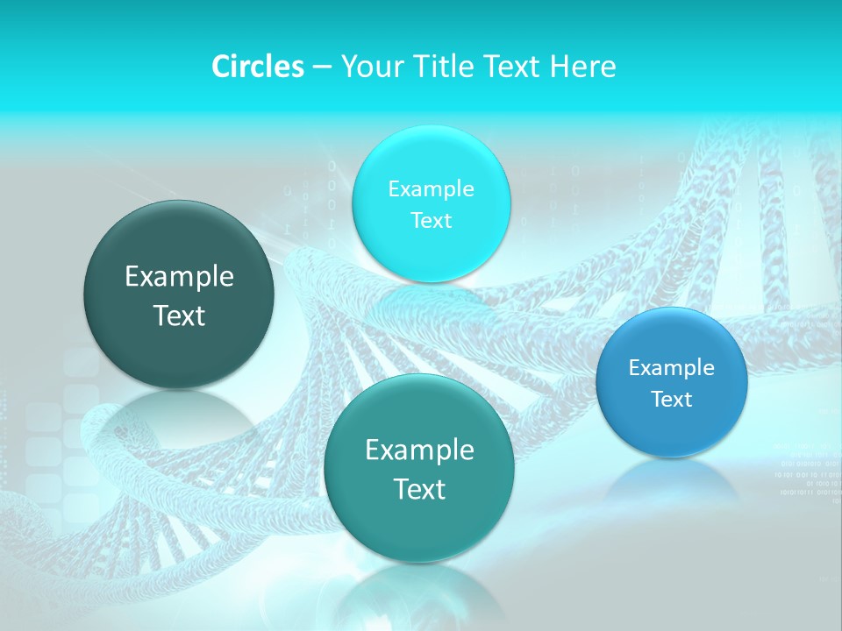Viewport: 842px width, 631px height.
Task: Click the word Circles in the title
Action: [257, 67]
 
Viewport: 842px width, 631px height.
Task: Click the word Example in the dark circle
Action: [179, 277]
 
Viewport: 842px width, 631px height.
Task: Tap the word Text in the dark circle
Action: [179, 316]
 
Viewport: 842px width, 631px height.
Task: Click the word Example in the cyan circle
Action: [431, 189]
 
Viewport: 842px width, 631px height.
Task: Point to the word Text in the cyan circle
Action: [431, 221]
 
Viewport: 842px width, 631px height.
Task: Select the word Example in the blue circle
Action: [672, 368]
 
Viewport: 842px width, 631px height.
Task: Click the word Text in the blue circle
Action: [672, 400]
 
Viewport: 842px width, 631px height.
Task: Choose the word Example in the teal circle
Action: [419, 450]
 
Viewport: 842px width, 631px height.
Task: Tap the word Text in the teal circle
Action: [419, 489]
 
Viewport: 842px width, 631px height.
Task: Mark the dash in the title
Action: [322, 67]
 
